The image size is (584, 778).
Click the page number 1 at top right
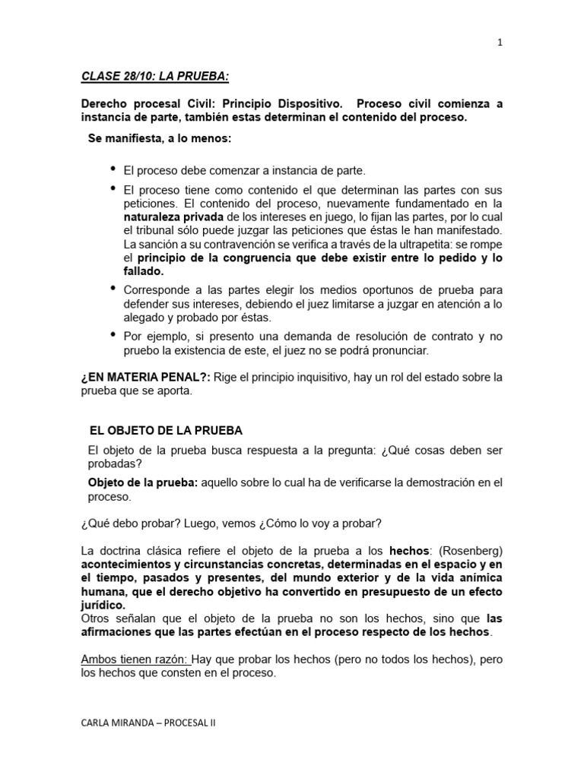[x=500, y=43]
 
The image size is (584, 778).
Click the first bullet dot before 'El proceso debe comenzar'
[x=114, y=168]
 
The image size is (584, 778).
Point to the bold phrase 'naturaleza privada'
[x=173, y=217]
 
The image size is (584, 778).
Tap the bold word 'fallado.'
[x=144, y=271]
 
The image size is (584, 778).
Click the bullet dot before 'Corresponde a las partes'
[x=114, y=289]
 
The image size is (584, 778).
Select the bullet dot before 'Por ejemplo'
[x=114, y=334]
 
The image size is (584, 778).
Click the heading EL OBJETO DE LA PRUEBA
[x=166, y=431]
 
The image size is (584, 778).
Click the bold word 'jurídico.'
[x=103, y=605]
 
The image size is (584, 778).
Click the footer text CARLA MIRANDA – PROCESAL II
[x=148, y=724]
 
